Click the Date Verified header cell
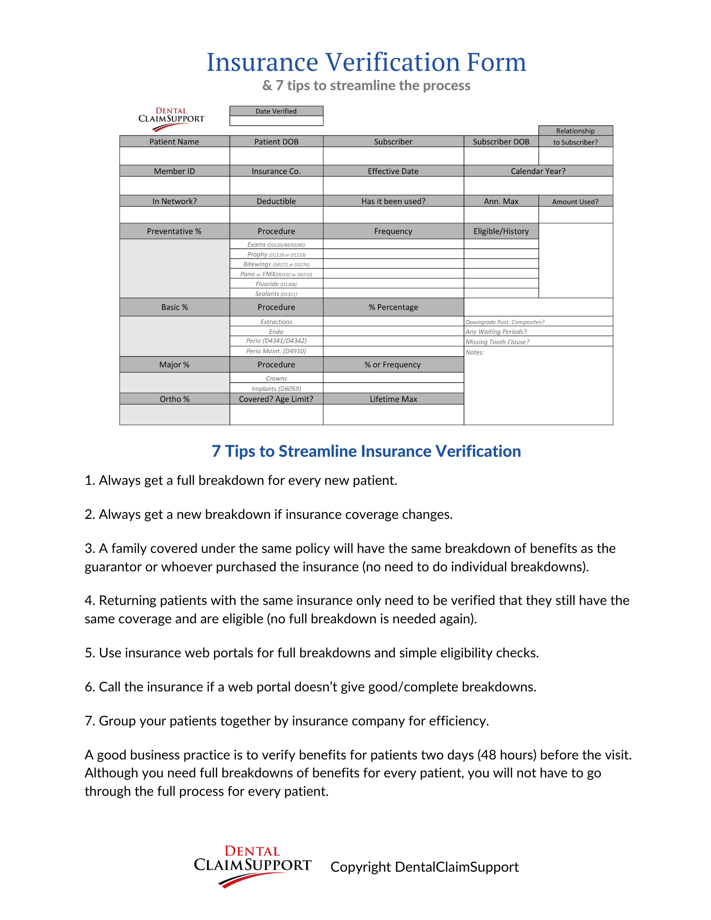[x=276, y=111]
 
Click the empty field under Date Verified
[x=276, y=121]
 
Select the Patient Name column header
[x=174, y=142]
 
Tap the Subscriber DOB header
[x=501, y=142]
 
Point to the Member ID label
[x=174, y=171]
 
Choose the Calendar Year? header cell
[x=538, y=171]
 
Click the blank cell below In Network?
[x=174, y=215]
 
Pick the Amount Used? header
[x=575, y=201]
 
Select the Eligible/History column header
[x=501, y=231]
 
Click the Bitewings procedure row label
[x=276, y=264]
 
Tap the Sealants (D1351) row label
[x=276, y=294]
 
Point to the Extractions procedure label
[x=276, y=322]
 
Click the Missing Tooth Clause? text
[x=497, y=342]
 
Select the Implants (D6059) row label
[x=276, y=389]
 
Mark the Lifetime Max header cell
[x=393, y=399]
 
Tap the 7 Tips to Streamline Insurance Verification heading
[x=366, y=451]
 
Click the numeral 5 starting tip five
[x=89, y=653]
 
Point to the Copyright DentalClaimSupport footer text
[x=424, y=867]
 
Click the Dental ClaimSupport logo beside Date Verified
[x=171, y=119]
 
